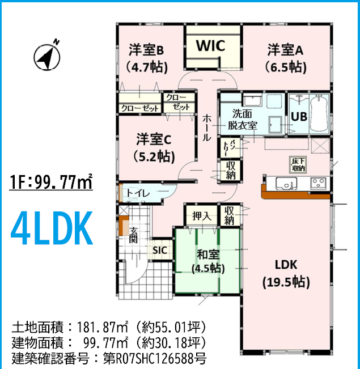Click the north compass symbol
pos(47,56)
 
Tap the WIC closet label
pos(211,45)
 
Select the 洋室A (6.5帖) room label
pos(285,58)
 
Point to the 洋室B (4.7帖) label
pos(146,58)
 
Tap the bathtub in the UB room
pos(319,114)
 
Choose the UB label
pos(299,116)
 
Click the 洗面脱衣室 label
pos(242,119)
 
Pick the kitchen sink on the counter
pos(286,184)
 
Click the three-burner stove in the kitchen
pos(319,183)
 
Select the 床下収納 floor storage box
pos(298,165)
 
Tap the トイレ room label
pos(138,193)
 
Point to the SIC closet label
pos(160,250)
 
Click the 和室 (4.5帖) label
pos(208,261)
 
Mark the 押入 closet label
pos(202,216)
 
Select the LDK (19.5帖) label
pos(286,273)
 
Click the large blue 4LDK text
pos(52,228)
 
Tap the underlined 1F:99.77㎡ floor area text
pos(51,182)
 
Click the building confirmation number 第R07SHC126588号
pos(155,359)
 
